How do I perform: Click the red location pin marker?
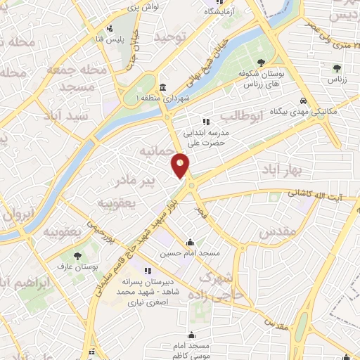coord(181,165)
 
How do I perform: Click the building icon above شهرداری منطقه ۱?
coord(163,87)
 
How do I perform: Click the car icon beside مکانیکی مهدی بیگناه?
coord(303,101)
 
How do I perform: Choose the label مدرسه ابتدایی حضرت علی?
coord(206,136)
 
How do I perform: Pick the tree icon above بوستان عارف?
coord(77,255)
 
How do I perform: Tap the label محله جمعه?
coord(77,70)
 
